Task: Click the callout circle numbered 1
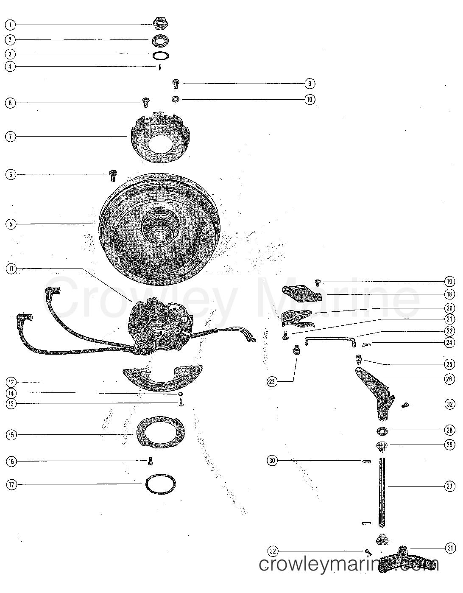tap(10, 25)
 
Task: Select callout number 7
tap(10, 137)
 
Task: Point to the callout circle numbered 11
tap(10, 268)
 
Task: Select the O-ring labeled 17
tap(160, 484)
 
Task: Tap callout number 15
tap(10, 435)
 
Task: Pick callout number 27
tap(449, 487)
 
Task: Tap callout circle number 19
tap(449, 281)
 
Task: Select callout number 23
tap(271, 382)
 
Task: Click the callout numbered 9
tap(310, 84)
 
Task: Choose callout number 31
tap(449, 548)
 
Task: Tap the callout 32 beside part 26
tap(449, 405)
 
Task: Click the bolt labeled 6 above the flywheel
tap(113, 175)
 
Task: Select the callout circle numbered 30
tap(271, 460)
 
